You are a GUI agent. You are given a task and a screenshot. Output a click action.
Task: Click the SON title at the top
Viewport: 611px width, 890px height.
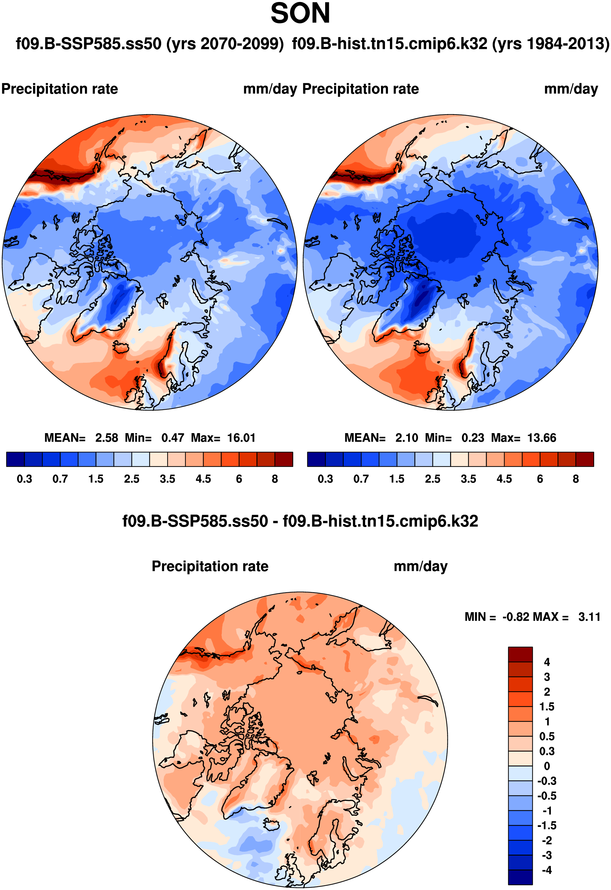pyautogui.click(x=300, y=14)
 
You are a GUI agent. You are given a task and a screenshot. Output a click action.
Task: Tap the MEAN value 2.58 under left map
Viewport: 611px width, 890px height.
pyautogui.click(x=106, y=438)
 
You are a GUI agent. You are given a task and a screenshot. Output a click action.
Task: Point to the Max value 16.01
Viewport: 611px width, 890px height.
pyautogui.click(x=241, y=438)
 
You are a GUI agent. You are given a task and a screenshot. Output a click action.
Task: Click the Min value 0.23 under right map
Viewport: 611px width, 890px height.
pyautogui.click(x=473, y=438)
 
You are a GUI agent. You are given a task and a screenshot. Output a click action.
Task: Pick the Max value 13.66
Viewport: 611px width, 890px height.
pyautogui.click(x=541, y=438)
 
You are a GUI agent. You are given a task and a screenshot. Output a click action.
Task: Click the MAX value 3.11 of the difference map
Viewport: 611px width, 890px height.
pyautogui.click(x=589, y=616)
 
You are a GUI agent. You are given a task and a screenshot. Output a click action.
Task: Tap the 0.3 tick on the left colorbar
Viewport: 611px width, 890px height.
pyautogui.click(x=24, y=479)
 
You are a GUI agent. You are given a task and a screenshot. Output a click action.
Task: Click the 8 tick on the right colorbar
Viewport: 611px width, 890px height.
pyautogui.click(x=575, y=479)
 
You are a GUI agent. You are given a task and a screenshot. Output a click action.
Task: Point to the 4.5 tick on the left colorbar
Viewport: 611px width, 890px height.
pyautogui.click(x=203, y=479)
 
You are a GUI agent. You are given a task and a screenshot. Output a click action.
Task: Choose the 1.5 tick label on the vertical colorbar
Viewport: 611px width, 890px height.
pyautogui.click(x=547, y=707)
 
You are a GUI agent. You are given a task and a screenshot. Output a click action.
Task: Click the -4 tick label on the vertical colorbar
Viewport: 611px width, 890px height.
pyautogui.click(x=547, y=870)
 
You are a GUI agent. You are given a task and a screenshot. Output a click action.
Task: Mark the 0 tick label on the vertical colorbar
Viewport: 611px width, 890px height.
pyautogui.click(x=547, y=766)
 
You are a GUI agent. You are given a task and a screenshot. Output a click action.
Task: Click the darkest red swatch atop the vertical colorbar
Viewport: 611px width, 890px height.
pyautogui.click(x=520, y=654)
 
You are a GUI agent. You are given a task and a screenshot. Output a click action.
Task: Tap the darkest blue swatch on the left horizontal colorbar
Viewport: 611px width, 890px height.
pyautogui.click(x=15, y=459)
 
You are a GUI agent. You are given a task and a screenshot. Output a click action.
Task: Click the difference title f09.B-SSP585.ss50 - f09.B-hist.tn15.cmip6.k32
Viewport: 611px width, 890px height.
pyautogui.click(x=300, y=521)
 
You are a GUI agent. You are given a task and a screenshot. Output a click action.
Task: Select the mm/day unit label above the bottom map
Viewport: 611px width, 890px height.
pyautogui.click(x=420, y=566)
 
